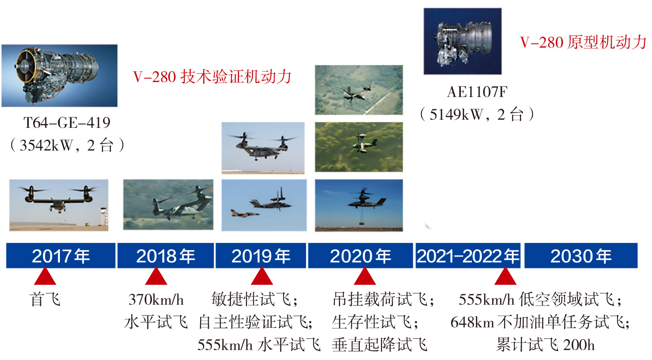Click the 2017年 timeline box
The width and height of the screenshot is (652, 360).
point(61,255)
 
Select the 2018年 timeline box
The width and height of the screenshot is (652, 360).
point(165,255)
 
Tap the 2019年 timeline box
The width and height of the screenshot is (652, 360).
point(261,255)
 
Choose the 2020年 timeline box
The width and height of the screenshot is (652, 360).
point(360,255)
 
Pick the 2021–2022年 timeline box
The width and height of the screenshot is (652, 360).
point(468,255)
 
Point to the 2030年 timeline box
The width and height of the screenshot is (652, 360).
point(581,255)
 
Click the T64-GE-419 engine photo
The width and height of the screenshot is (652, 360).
point(59,76)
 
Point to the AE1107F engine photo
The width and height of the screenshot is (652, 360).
point(462,41)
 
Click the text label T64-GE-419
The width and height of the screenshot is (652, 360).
point(67,123)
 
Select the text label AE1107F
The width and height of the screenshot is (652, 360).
point(477,92)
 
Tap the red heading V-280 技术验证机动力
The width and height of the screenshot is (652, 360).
point(212,77)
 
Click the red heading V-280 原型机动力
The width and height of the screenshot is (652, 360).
point(583,42)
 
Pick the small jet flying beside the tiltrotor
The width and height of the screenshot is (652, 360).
point(245,214)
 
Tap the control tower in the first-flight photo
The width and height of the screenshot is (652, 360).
point(104,216)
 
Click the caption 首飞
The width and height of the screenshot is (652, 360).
point(45,300)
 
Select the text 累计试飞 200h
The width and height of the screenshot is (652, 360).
point(545,345)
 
